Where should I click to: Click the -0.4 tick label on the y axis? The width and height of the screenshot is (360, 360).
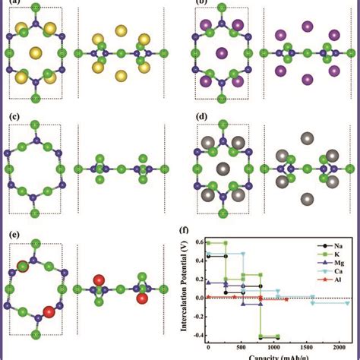point(195,335)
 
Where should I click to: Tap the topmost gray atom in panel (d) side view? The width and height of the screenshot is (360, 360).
point(307,138)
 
